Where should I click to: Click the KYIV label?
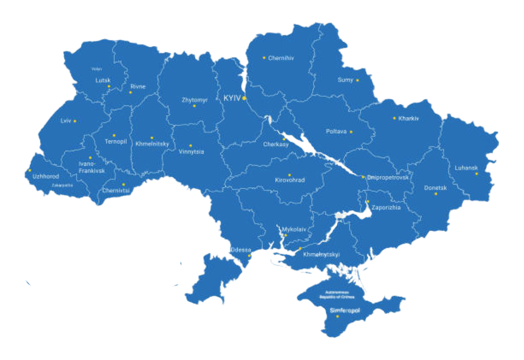tap(232, 98)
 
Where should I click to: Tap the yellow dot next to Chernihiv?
tap(264, 58)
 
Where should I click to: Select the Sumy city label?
tap(345, 80)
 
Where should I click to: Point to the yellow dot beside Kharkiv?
tap(394, 118)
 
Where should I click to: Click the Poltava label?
tap(336, 131)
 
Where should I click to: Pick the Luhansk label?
tap(466, 168)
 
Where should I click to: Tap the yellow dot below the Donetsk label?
tap(436, 194)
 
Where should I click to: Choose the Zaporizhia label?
tap(386, 207)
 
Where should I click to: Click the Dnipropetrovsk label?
tap(388, 178)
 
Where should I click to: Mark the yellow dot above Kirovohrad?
tap(290, 175)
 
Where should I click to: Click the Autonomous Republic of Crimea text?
tap(337, 294)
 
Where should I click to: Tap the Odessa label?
tap(241, 250)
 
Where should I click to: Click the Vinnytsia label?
tap(191, 152)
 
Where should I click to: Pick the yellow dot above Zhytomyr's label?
tap(194, 106)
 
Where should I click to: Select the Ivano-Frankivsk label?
tap(92, 167)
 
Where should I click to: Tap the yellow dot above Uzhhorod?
tap(29, 170)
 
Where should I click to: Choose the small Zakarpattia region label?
tap(62, 185)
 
